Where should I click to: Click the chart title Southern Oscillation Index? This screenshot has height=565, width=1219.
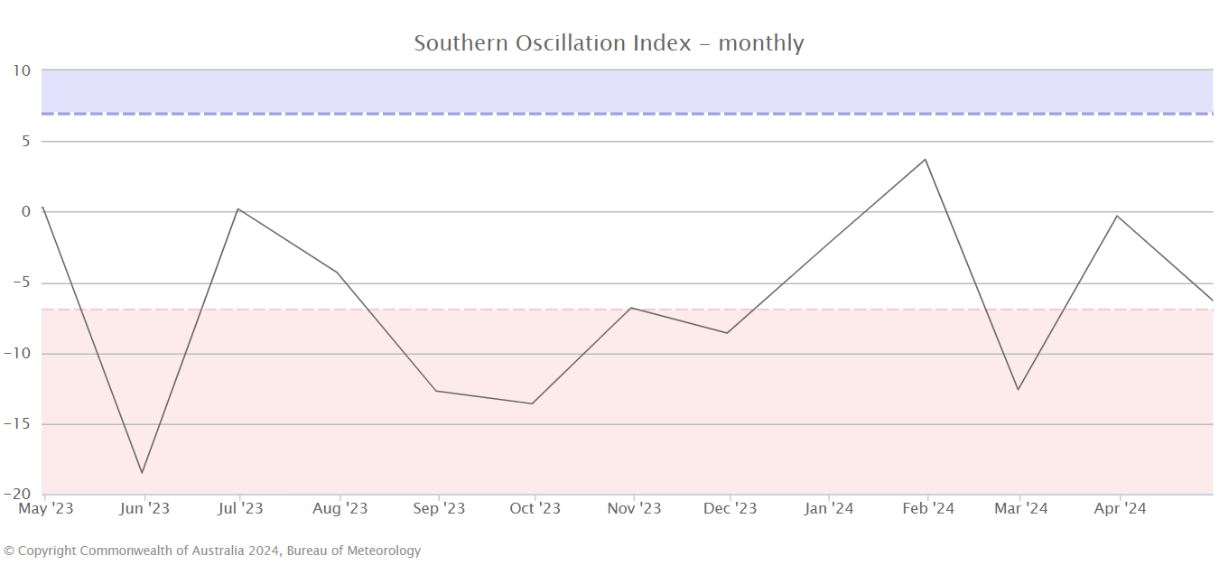(x=609, y=42)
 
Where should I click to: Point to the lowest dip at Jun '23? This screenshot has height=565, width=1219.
(x=142, y=473)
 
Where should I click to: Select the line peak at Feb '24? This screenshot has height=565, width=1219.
(x=926, y=160)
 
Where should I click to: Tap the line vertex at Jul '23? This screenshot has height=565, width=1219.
(x=237, y=208)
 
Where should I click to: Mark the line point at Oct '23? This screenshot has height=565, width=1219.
(x=532, y=403)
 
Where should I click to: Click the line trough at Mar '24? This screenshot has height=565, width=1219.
(x=1019, y=390)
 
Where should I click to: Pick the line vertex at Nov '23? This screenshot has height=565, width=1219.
(x=631, y=308)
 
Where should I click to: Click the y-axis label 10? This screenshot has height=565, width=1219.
(x=22, y=70)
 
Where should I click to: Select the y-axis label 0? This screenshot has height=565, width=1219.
(x=26, y=212)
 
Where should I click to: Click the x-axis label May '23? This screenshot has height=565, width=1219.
(x=46, y=509)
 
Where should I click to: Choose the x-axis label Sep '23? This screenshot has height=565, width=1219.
(x=438, y=509)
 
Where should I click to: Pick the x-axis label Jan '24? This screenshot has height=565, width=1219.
(x=829, y=509)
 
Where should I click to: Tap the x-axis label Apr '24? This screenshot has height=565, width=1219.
(x=1120, y=509)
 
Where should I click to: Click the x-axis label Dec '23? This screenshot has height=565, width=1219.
(x=730, y=509)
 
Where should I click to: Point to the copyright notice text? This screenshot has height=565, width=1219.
(x=212, y=551)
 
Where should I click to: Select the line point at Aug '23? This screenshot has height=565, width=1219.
(x=338, y=273)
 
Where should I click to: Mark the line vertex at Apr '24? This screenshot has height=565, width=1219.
(x=1117, y=216)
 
